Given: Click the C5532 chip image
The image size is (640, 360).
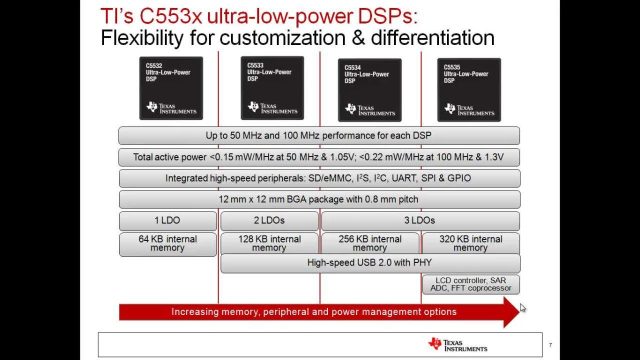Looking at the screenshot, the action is pos(171,88).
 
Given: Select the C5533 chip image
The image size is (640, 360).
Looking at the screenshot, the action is pos(272,88).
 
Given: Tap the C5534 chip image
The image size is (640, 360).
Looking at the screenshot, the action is pos(369,90).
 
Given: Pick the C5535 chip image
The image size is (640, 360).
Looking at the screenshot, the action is pos(469,90).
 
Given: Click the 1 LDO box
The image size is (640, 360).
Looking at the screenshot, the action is pos(168,221).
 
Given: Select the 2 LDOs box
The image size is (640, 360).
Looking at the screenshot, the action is pos(269,221).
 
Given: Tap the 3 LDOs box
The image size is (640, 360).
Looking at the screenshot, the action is pos(420,221).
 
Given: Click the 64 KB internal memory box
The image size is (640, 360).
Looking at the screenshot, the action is pos(168,244).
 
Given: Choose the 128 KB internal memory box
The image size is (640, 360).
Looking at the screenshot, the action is pos(269,243).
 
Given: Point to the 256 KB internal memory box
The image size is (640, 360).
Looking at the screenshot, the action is pos(370,243).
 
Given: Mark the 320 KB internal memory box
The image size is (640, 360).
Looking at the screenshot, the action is pos(471,243).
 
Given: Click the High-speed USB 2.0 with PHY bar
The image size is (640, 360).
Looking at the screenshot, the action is pos(370,263).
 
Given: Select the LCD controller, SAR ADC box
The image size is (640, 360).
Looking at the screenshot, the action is pos(471,284).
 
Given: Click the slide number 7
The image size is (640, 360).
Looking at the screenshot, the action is pos(550,345).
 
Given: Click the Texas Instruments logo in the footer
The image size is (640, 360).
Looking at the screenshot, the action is pos(457,344).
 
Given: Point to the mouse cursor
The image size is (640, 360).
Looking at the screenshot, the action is pos(522,308).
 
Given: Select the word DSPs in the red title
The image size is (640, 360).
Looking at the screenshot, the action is pos(387,16).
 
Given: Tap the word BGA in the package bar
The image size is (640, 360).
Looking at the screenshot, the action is pos(296,199).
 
